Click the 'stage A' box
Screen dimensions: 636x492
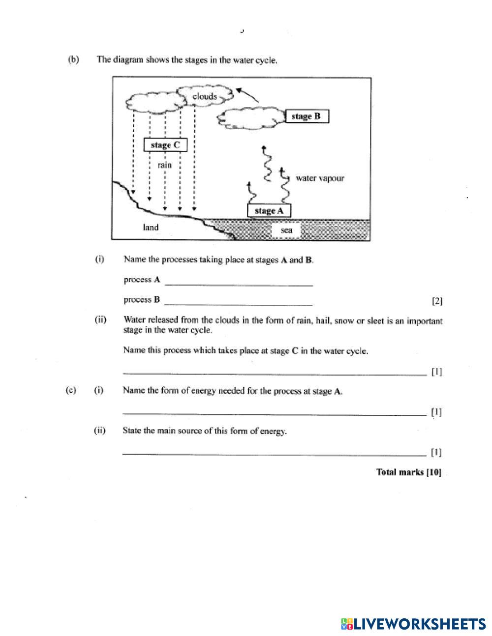pyautogui.click(x=269, y=210)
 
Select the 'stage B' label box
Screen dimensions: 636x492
pyautogui.click(x=306, y=116)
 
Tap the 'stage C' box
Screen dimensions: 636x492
pyautogui.click(x=165, y=145)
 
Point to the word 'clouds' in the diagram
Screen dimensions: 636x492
pyautogui.click(x=205, y=96)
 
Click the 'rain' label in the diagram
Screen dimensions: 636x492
pyautogui.click(x=165, y=165)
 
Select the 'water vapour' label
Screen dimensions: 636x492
pyautogui.click(x=320, y=178)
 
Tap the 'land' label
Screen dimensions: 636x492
pyautogui.click(x=151, y=227)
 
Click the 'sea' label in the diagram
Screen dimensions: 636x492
pyautogui.click(x=286, y=230)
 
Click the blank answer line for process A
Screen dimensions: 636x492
pyautogui.click(x=239, y=283)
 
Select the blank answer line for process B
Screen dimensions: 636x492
pyautogui.click(x=239, y=303)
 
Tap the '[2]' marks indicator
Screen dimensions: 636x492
pyautogui.click(x=437, y=301)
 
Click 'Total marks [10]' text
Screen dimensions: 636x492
pyautogui.click(x=408, y=472)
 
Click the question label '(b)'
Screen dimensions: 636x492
pyautogui.click(x=73, y=60)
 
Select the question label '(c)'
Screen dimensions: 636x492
pyautogui.click(x=71, y=390)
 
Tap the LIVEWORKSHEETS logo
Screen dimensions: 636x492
pyautogui.click(x=413, y=624)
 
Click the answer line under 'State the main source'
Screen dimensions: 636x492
pyautogui.click(x=275, y=453)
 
